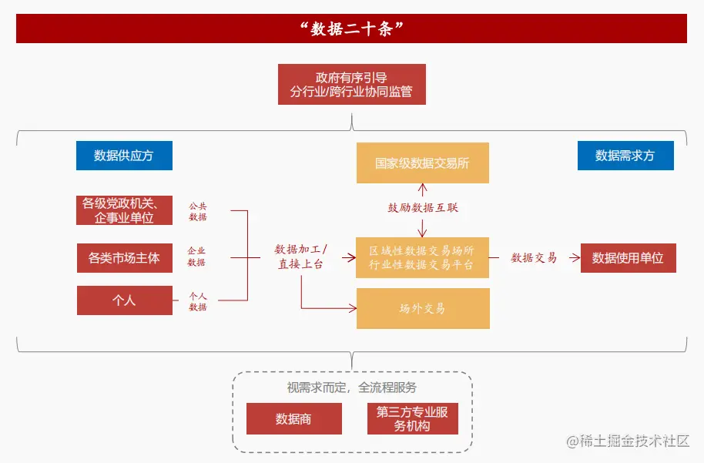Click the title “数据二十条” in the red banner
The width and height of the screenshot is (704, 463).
tap(351, 29)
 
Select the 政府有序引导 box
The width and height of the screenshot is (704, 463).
tap(351, 85)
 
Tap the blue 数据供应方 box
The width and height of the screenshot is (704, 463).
tap(124, 156)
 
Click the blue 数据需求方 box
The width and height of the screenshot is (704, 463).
tap(625, 156)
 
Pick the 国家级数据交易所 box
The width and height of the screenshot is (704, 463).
tap(422, 163)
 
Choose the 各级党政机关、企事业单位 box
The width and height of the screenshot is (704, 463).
tap(124, 210)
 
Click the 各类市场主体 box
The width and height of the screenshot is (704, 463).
tap(124, 258)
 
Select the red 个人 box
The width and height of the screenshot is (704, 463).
tap(124, 300)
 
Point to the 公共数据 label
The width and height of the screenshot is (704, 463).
tap(198, 212)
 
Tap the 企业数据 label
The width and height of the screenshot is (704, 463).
tap(196, 257)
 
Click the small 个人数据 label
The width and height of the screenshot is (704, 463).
tap(198, 301)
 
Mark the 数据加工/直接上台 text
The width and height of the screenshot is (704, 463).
tap(301, 257)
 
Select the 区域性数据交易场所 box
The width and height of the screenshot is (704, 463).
tap(422, 257)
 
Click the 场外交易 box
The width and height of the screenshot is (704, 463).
tap(422, 308)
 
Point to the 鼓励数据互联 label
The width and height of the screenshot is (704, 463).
tap(423, 208)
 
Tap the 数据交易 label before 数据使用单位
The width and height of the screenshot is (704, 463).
tap(534, 258)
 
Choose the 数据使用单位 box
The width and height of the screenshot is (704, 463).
tap(628, 258)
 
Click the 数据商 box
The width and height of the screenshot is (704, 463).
tap(293, 418)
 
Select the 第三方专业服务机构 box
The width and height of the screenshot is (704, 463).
tap(412, 418)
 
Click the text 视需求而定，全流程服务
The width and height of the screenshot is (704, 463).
tap(352, 388)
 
